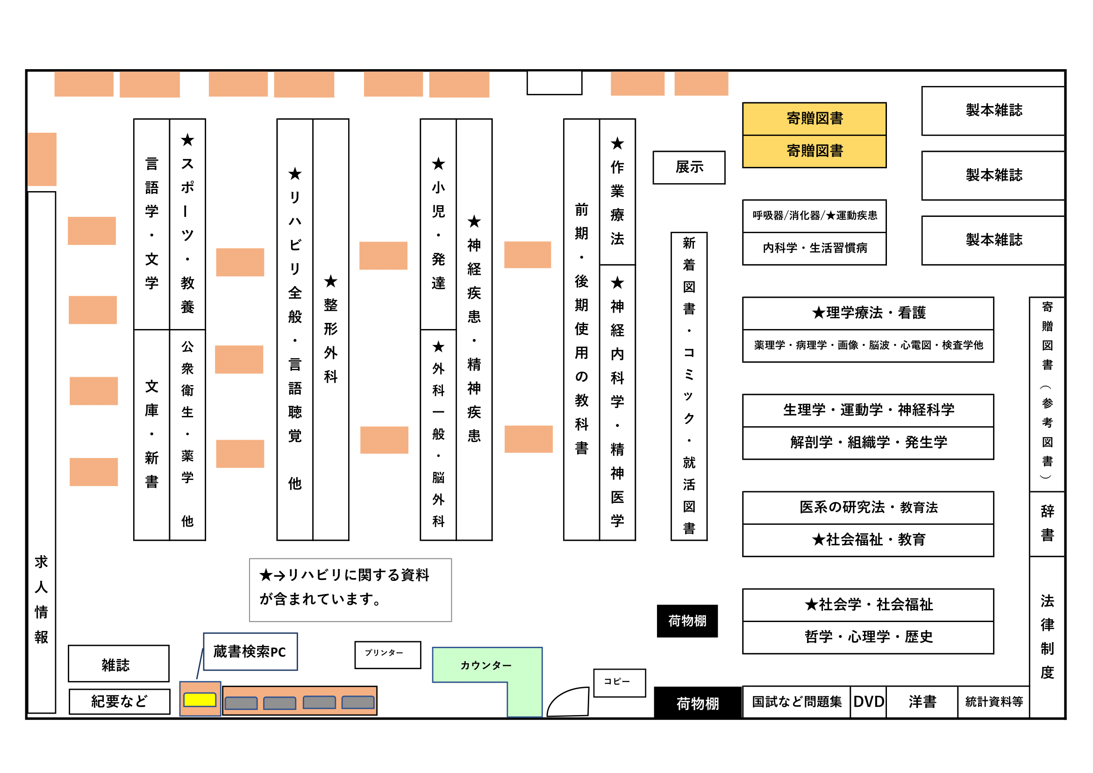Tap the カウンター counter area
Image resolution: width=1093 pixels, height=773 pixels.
pos(486,665)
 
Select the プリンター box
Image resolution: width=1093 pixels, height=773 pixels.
pos(387,654)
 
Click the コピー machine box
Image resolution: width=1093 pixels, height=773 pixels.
pos(619,682)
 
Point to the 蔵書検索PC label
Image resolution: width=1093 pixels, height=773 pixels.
pos(250,651)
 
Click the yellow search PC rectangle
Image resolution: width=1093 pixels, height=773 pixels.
pos(200,699)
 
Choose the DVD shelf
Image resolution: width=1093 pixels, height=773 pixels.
pos(868,701)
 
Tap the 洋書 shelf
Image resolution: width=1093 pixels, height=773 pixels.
pos(922,701)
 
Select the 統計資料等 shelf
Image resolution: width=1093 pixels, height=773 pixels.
pos(993,701)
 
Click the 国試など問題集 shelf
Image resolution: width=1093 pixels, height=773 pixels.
pos(796,701)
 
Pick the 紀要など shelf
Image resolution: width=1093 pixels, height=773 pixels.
pos(119,701)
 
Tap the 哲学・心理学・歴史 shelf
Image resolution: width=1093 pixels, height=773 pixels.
pos(868,637)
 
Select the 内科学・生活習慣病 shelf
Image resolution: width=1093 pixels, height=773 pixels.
pos(814,249)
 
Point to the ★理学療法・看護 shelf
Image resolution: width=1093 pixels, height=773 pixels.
pos(868,313)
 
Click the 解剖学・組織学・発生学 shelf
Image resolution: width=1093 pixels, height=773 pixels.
pos(868,443)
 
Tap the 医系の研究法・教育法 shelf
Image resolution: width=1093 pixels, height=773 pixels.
pos(868,508)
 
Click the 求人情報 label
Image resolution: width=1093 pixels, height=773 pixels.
pos(42,600)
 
